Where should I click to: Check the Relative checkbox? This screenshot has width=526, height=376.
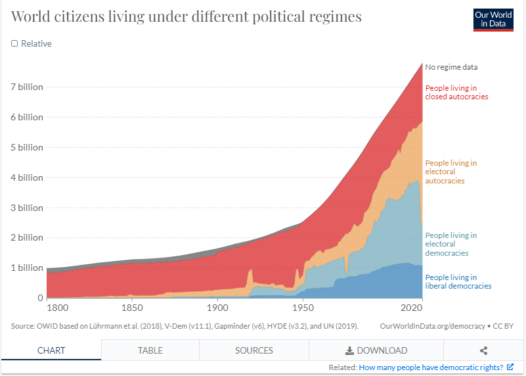[x=15, y=44]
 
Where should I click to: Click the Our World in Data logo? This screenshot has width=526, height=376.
[x=493, y=18]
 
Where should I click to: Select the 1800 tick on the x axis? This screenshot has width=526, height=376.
[x=47, y=308]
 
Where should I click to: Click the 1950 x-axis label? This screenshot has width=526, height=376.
[x=303, y=308]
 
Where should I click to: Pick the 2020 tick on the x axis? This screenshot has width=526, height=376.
[x=410, y=308]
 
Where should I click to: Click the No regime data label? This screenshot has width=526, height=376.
[x=451, y=67]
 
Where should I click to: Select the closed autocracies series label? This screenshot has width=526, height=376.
[x=456, y=92]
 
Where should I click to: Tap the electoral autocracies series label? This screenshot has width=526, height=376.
[x=450, y=172]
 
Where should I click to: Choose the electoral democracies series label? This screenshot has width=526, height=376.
[x=450, y=244]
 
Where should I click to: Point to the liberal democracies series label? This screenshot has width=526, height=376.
[x=458, y=281]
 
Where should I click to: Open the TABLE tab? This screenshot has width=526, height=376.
[x=150, y=350]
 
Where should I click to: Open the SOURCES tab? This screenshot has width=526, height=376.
[x=253, y=350]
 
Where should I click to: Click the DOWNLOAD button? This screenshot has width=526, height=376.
[x=376, y=350]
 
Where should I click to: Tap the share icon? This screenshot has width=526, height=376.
[x=484, y=350]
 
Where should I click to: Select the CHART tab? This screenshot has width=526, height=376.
[x=51, y=350]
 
